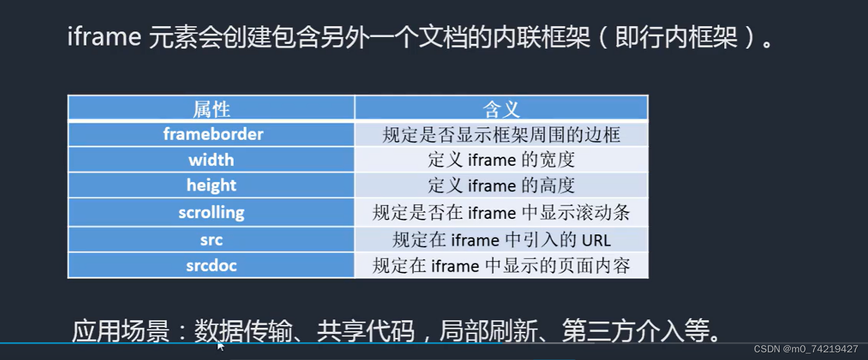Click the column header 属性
tap(211, 109)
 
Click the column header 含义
tap(501, 109)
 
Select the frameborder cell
tap(211, 135)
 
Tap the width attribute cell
tap(211, 160)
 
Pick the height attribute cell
tap(211, 185)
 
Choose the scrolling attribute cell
tap(211, 212)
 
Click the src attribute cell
tap(211, 240)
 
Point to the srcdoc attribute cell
tap(211, 266)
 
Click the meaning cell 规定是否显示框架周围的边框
tap(501, 135)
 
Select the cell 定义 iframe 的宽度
tap(501, 160)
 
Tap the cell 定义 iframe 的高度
tap(501, 185)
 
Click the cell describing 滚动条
tap(501, 212)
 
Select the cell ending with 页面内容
tap(501, 266)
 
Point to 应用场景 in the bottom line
tap(120, 331)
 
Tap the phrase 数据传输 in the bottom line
tap(243, 331)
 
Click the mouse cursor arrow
tap(220, 346)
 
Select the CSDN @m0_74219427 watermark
tap(806, 349)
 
